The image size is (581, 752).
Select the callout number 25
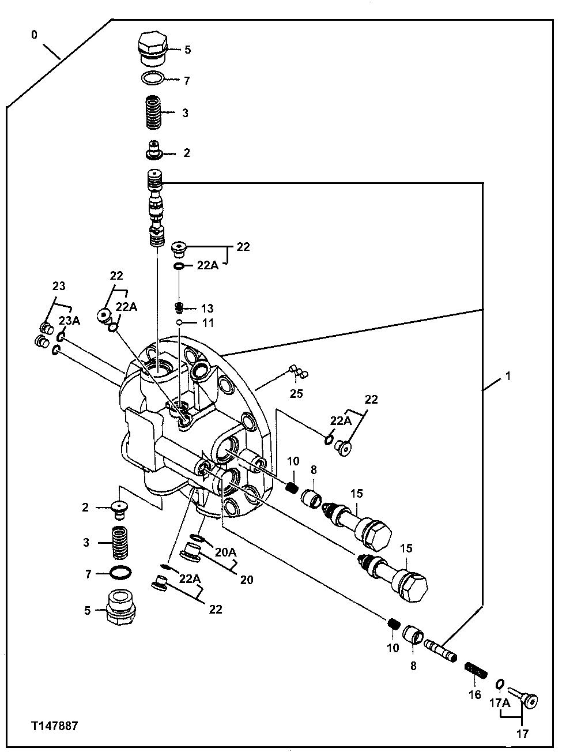tap(296, 394)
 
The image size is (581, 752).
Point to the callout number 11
tap(207, 323)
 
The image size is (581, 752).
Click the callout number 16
tap(474, 695)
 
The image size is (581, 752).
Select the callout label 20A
tap(225, 552)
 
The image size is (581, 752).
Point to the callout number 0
tap(34, 35)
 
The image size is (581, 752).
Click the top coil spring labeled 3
tap(153, 112)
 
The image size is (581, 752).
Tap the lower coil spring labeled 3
tap(120, 542)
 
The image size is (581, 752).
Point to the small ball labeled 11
tap(180, 322)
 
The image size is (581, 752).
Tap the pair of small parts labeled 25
tap(296, 373)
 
